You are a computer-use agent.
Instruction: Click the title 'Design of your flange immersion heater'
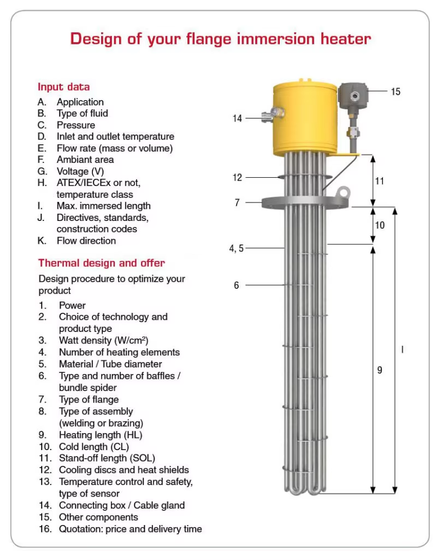click(x=220, y=39)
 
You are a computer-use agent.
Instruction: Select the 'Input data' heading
click(x=63, y=86)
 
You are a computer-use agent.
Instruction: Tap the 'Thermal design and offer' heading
click(x=101, y=263)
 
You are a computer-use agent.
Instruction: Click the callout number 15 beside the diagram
click(x=395, y=91)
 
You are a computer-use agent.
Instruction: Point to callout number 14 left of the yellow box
click(x=237, y=118)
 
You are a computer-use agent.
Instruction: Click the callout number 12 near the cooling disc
click(x=237, y=177)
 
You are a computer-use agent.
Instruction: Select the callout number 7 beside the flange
click(x=237, y=202)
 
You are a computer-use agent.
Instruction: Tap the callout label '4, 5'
click(x=236, y=248)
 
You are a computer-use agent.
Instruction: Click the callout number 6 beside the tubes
click(x=237, y=285)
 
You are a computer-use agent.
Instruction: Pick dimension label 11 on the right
click(x=379, y=180)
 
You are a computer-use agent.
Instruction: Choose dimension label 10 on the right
click(x=379, y=225)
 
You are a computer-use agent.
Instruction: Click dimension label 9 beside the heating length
click(x=379, y=370)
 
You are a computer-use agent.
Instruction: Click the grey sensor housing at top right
click(x=354, y=97)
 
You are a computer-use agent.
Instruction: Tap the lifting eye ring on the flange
click(x=343, y=192)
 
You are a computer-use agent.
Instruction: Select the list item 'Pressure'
click(x=75, y=125)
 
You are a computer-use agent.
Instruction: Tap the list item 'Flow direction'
click(x=86, y=241)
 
